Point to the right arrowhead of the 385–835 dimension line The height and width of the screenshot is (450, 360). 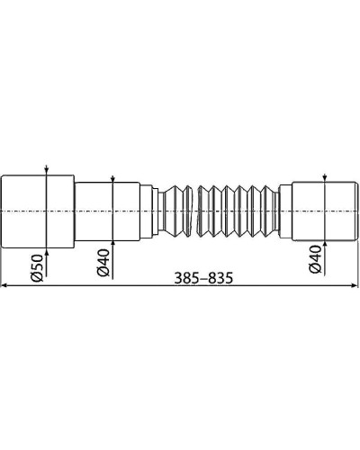[x=353, y=287]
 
